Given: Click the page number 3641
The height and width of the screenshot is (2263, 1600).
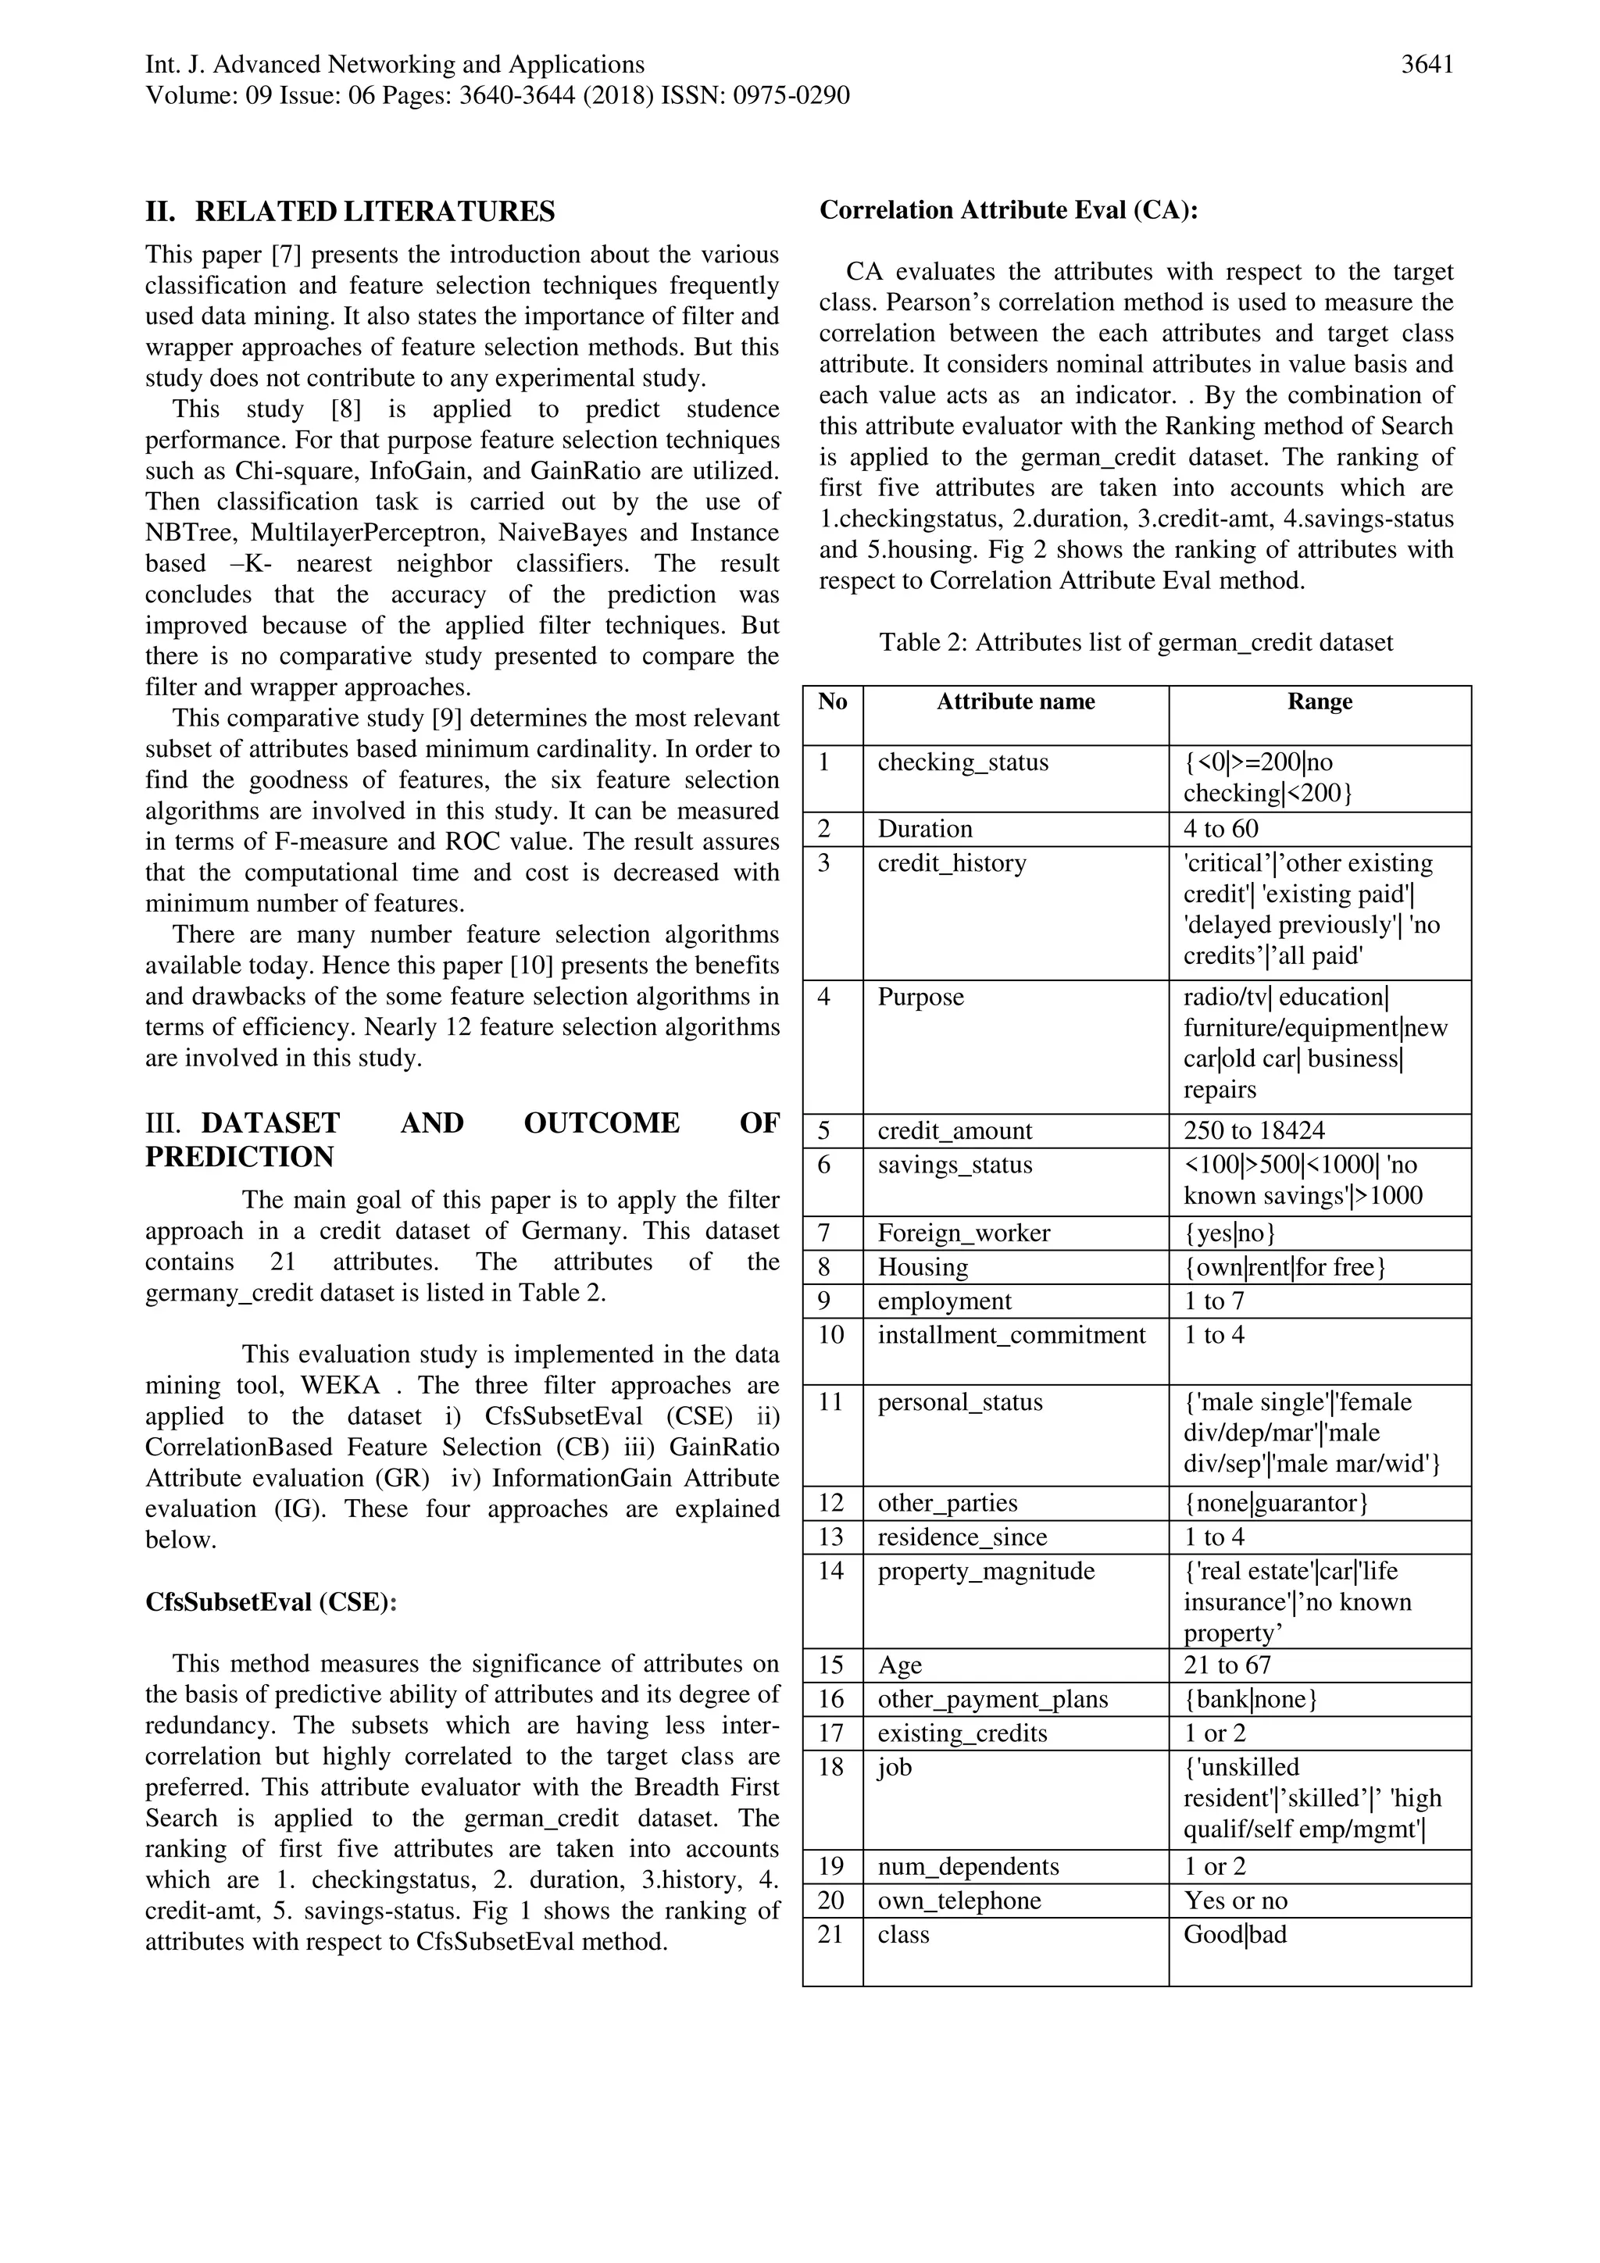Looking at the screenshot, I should point(1427,65).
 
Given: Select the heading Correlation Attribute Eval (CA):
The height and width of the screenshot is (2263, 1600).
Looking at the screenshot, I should point(1009,210).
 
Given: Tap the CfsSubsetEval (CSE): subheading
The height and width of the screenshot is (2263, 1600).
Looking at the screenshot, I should point(271,1601).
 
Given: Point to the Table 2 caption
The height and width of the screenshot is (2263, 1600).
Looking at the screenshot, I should point(1136,643).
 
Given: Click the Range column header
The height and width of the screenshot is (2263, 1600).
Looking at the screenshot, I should point(1319,701).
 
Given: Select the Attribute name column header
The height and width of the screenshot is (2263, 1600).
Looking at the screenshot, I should point(1016,701).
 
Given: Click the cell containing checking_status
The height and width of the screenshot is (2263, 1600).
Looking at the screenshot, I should point(963,762).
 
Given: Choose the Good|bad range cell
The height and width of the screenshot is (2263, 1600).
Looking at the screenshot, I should point(1235,1934).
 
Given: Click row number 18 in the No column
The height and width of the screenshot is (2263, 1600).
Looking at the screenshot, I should point(831,1767).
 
